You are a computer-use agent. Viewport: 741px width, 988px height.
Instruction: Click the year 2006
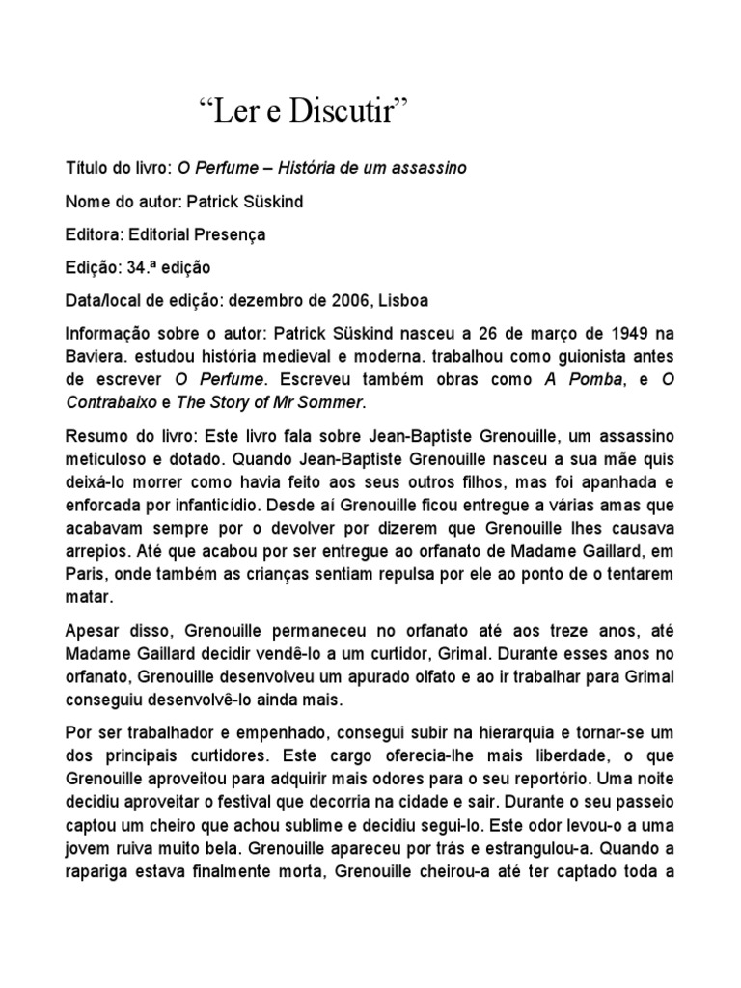[350, 300]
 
